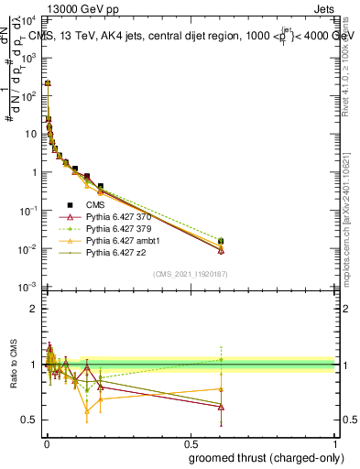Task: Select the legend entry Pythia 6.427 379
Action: pos(118,228)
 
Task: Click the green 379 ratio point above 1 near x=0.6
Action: pos(221,359)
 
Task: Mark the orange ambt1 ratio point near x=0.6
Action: pos(221,389)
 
